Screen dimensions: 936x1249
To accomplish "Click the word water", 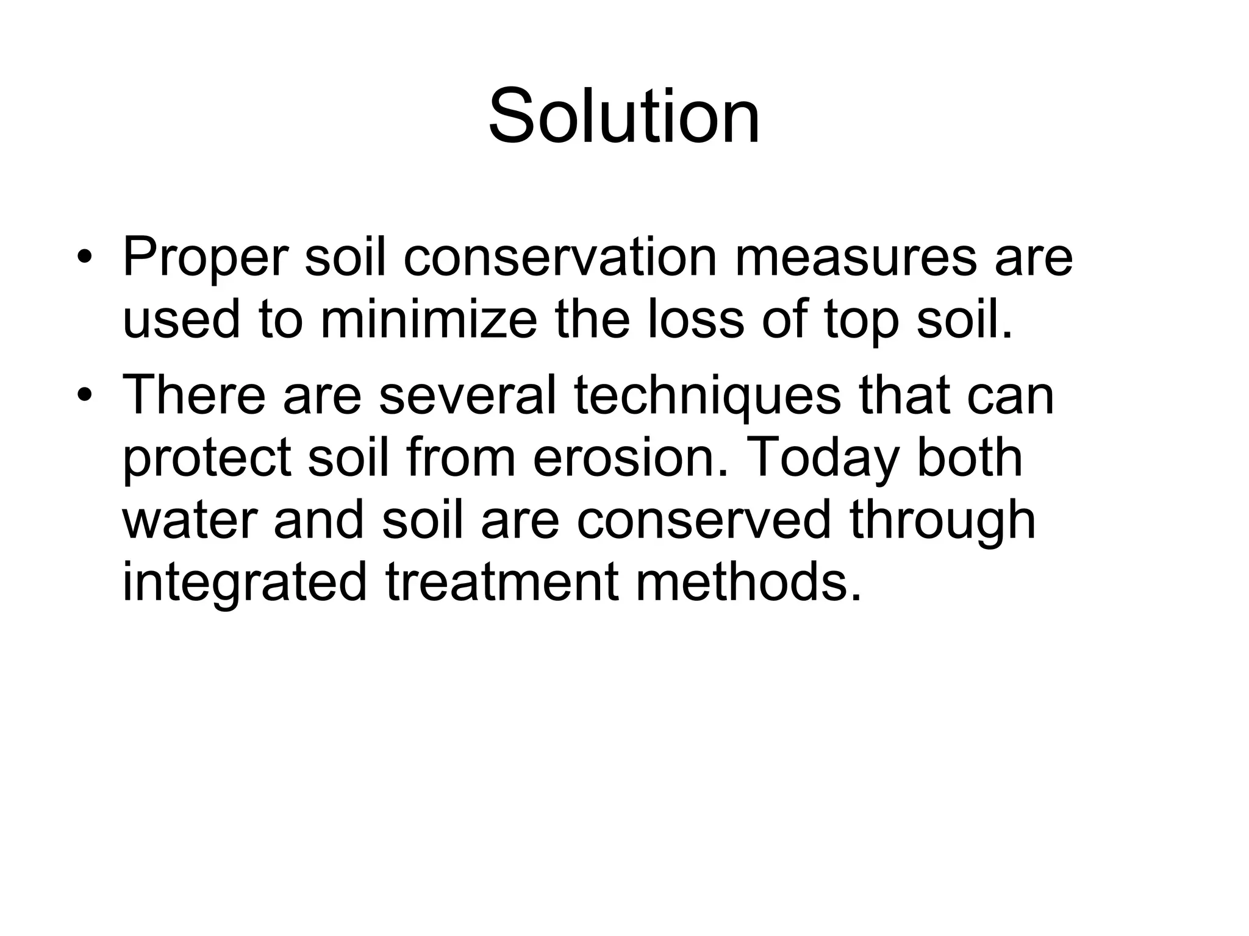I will click(x=189, y=520).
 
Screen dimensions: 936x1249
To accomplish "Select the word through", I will click(x=942, y=522).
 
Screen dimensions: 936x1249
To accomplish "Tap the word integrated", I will click(x=245, y=584).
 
